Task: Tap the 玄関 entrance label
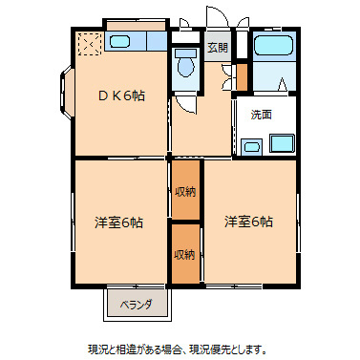[x=217, y=47]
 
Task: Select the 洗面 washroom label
[x=261, y=115]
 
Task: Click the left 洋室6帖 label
[x=118, y=222]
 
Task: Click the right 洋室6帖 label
[x=248, y=222]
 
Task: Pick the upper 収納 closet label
[x=185, y=192]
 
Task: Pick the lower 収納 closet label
[x=185, y=254]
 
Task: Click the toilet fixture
[x=185, y=63]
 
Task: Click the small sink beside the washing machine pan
[x=252, y=146]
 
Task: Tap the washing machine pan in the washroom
[x=282, y=144]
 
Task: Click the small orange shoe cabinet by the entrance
[x=242, y=75]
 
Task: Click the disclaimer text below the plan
[x=180, y=348]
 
